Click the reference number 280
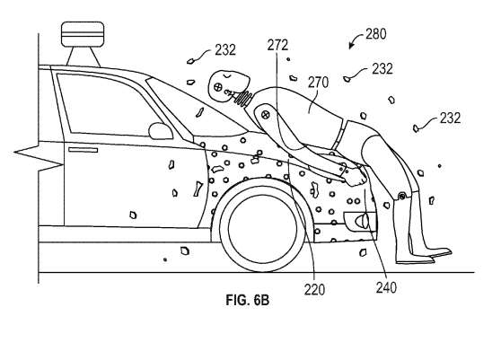click(376, 33)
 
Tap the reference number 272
click(277, 45)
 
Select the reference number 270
click(318, 83)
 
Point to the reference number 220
click(314, 290)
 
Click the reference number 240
click(386, 287)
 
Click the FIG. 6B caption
click(248, 300)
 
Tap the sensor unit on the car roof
click(83, 44)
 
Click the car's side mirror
click(161, 131)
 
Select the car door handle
click(83, 150)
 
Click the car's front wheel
click(263, 224)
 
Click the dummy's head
click(228, 84)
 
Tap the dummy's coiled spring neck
click(244, 97)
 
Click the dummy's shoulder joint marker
click(265, 114)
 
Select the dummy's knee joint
click(402, 196)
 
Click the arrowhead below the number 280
click(351, 47)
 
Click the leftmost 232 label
click(225, 50)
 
